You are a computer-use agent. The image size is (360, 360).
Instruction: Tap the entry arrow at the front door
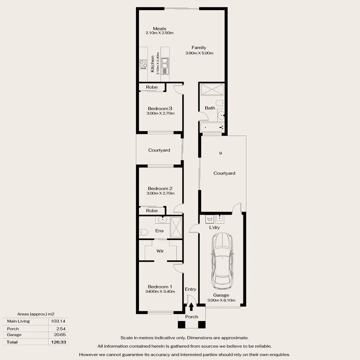tap(191, 306)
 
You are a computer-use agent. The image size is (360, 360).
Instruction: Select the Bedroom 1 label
tap(160, 287)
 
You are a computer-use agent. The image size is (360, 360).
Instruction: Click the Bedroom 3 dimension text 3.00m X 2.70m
tap(160, 113)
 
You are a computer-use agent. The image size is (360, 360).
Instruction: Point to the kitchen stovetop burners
tap(144, 64)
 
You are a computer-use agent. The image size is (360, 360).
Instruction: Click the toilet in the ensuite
tap(143, 232)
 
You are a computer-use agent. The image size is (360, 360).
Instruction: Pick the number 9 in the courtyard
tap(220, 153)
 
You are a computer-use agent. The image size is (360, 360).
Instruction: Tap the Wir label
tap(160, 251)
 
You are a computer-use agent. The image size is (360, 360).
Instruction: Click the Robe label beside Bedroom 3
tap(152, 87)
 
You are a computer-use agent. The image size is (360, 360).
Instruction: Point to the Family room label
tap(199, 48)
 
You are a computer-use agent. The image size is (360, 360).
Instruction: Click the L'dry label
tap(214, 227)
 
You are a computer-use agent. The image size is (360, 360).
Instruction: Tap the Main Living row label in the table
tap(18, 321)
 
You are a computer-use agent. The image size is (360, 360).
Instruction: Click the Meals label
tap(160, 29)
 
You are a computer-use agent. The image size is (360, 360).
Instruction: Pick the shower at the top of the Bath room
tap(212, 89)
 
